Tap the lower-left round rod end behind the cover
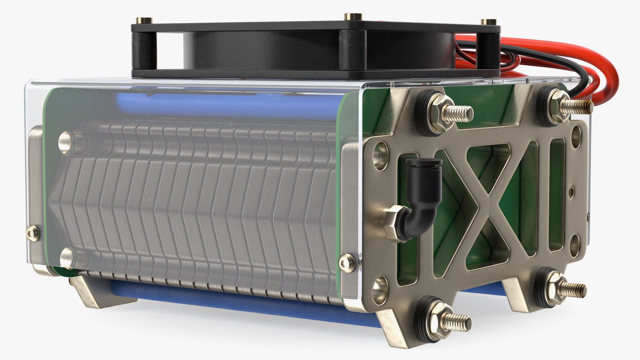pos(66,258)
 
